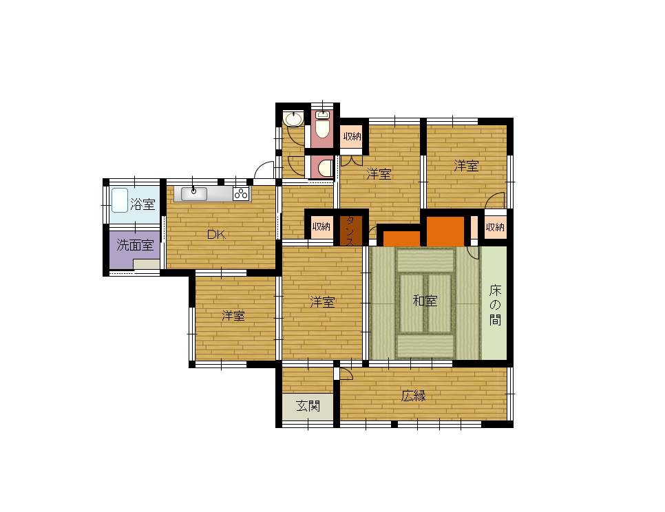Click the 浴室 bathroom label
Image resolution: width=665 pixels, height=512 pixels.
tap(142, 204)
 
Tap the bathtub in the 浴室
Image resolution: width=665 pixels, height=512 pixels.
tap(120, 200)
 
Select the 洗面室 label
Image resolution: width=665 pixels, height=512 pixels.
tap(135, 244)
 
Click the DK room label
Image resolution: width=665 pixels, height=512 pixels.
tap(216, 235)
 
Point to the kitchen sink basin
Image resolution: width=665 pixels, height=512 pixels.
tap(194, 193)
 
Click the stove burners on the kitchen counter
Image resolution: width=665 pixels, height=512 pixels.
tap(241, 193)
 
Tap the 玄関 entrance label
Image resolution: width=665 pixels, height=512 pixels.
tap(308, 405)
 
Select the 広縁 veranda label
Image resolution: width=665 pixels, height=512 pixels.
tap(414, 396)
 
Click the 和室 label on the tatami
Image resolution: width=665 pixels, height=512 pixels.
tap(425, 301)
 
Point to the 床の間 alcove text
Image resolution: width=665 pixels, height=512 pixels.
tap(495, 305)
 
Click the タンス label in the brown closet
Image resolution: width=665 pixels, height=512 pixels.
tap(350, 231)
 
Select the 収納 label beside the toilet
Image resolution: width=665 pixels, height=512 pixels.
tap(352, 136)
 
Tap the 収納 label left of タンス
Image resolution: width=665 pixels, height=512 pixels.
tap(321, 226)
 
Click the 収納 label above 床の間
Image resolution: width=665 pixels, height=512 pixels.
tap(495, 227)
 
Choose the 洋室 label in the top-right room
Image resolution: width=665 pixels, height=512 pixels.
tap(466, 166)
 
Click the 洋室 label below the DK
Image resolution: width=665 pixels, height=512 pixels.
tap(233, 316)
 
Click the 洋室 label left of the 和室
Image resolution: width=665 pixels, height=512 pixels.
tap(322, 302)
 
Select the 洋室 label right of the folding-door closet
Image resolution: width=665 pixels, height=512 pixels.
tap(379, 174)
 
